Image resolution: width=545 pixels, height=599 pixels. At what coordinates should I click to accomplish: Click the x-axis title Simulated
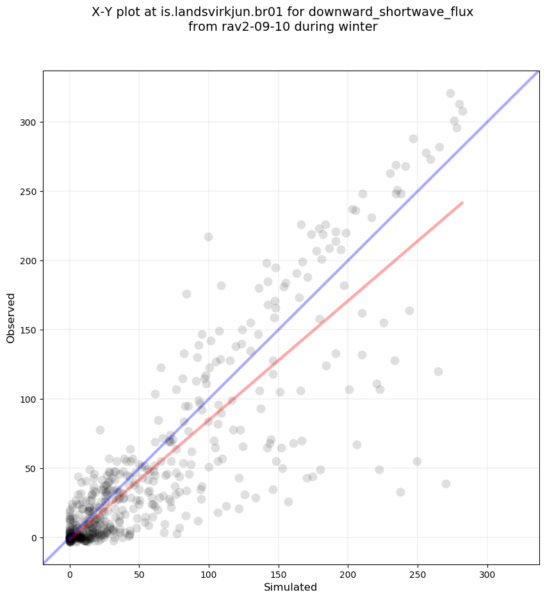(x=290, y=587)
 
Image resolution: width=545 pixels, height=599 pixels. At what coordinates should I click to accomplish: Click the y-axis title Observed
(x=11, y=318)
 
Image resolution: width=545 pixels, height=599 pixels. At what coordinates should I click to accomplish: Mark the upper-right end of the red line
(x=462, y=203)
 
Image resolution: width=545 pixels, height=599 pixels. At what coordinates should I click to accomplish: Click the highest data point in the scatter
(x=450, y=94)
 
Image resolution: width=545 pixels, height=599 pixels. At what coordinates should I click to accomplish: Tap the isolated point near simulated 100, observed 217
(x=208, y=237)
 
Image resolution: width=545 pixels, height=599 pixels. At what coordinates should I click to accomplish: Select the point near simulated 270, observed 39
(x=446, y=484)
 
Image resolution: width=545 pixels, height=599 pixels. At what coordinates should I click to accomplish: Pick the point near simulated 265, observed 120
(x=438, y=371)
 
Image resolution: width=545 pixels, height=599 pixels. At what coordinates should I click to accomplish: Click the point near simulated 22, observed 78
(x=100, y=430)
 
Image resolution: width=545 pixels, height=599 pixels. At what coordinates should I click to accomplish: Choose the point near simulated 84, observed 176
(x=186, y=294)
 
